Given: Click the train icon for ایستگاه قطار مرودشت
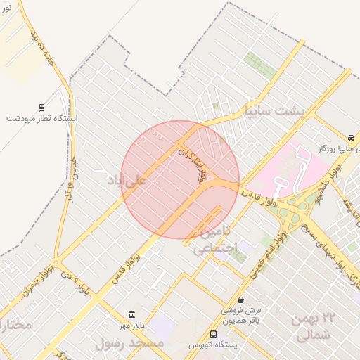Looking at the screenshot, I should tap(41, 108).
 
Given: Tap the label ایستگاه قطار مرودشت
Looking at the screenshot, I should tap(42, 118).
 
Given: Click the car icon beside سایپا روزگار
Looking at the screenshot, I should tap(350, 137).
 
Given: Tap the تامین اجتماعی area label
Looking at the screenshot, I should tap(215, 239).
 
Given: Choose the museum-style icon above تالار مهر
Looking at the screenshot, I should tap(131, 314).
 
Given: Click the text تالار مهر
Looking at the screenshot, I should tap(131, 326).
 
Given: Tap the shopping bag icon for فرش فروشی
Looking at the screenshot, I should tap(241, 300).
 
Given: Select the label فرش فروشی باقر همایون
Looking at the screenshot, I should tap(241, 314).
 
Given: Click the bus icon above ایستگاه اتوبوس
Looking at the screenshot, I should tap(214, 334).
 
